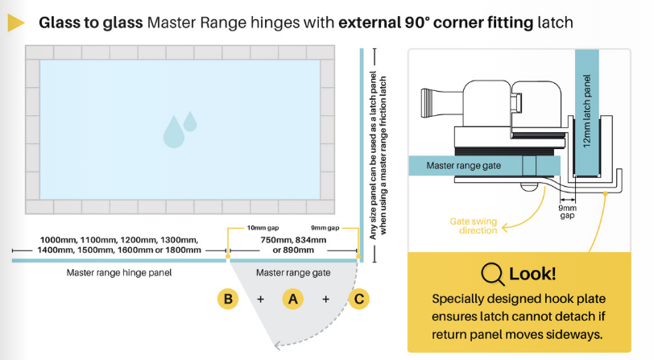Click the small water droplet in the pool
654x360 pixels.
(x=190, y=121)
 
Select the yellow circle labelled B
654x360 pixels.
(x=229, y=300)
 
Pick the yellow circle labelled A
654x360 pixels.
(x=293, y=300)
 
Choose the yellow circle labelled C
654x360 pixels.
(x=359, y=300)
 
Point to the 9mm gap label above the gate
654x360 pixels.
(x=325, y=228)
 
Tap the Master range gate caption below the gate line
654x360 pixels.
(x=293, y=273)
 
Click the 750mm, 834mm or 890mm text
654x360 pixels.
(x=293, y=245)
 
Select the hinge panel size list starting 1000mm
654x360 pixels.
(x=119, y=245)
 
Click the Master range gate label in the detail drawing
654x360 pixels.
(x=465, y=166)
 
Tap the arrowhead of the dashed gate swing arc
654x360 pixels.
(x=279, y=346)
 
